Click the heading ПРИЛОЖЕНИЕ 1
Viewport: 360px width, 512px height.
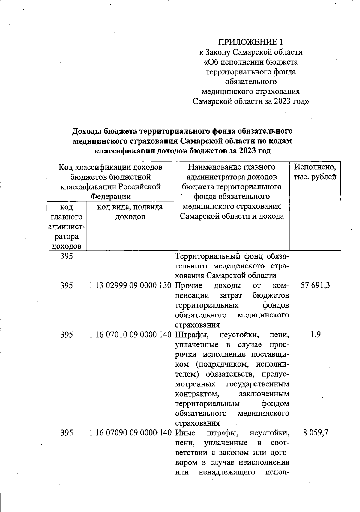(250, 42)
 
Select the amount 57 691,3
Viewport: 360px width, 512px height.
(315, 285)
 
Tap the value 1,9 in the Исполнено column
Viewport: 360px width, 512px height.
(316, 335)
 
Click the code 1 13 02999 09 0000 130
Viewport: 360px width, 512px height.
(130, 285)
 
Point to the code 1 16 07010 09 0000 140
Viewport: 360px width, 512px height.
(130, 335)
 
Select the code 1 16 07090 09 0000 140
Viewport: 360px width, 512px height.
(130, 433)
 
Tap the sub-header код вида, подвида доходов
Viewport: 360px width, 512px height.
(130, 212)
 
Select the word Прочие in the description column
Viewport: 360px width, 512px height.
(189, 285)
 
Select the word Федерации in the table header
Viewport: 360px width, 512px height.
(111, 197)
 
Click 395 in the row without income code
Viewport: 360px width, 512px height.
(67, 256)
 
